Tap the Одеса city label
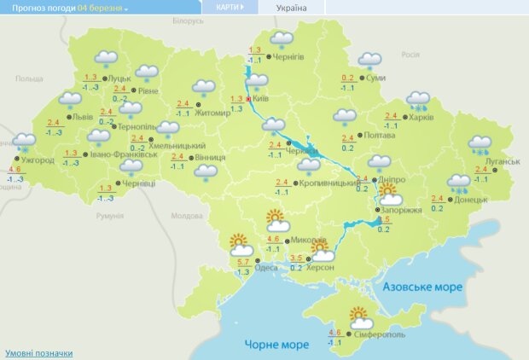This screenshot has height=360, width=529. pyautogui.click(x=266, y=268)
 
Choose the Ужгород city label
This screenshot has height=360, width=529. pyautogui.click(x=38, y=160)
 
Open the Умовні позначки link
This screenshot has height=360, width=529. pyautogui.click(x=38, y=352)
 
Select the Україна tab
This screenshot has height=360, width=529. pyautogui.click(x=292, y=8)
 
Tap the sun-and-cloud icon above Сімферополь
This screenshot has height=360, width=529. pyautogui.click(x=361, y=317)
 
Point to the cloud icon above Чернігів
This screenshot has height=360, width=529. pyautogui.click(x=281, y=39)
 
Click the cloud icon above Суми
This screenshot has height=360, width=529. pyautogui.click(x=369, y=60)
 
